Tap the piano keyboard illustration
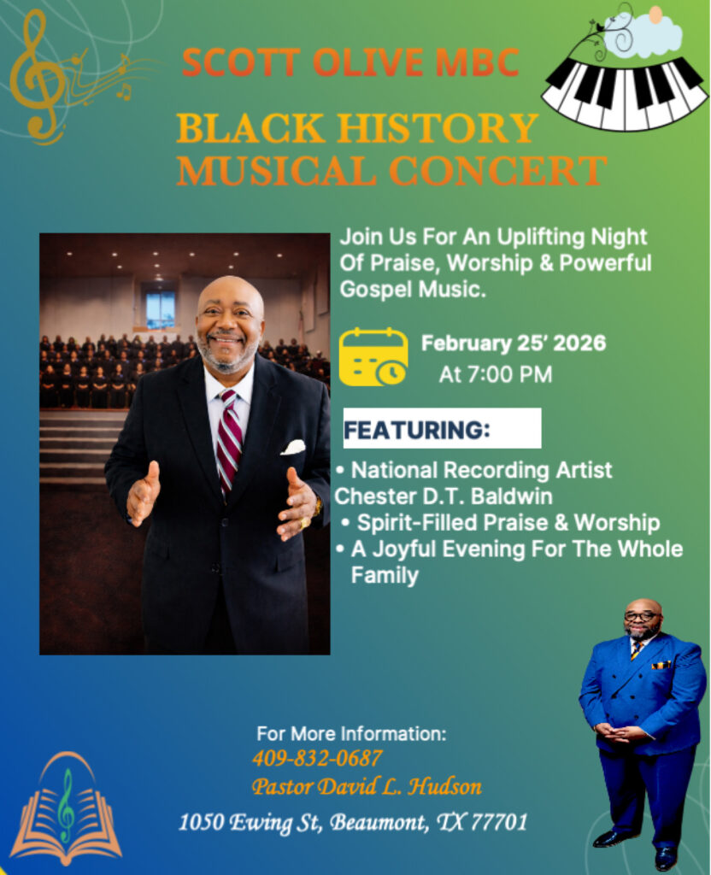pos(624,92)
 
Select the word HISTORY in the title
pos(438,128)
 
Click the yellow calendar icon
pos(373,357)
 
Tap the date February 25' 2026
pos(514,344)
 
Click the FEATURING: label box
pos(442,428)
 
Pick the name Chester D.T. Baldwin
pos(444,496)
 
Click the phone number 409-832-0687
pos(317,759)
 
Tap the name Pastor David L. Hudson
pos(367,787)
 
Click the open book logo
pos(66,809)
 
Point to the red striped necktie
pos(229,441)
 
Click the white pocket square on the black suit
pos(294,447)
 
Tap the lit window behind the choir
pos(160,309)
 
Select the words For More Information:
pos(351,734)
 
